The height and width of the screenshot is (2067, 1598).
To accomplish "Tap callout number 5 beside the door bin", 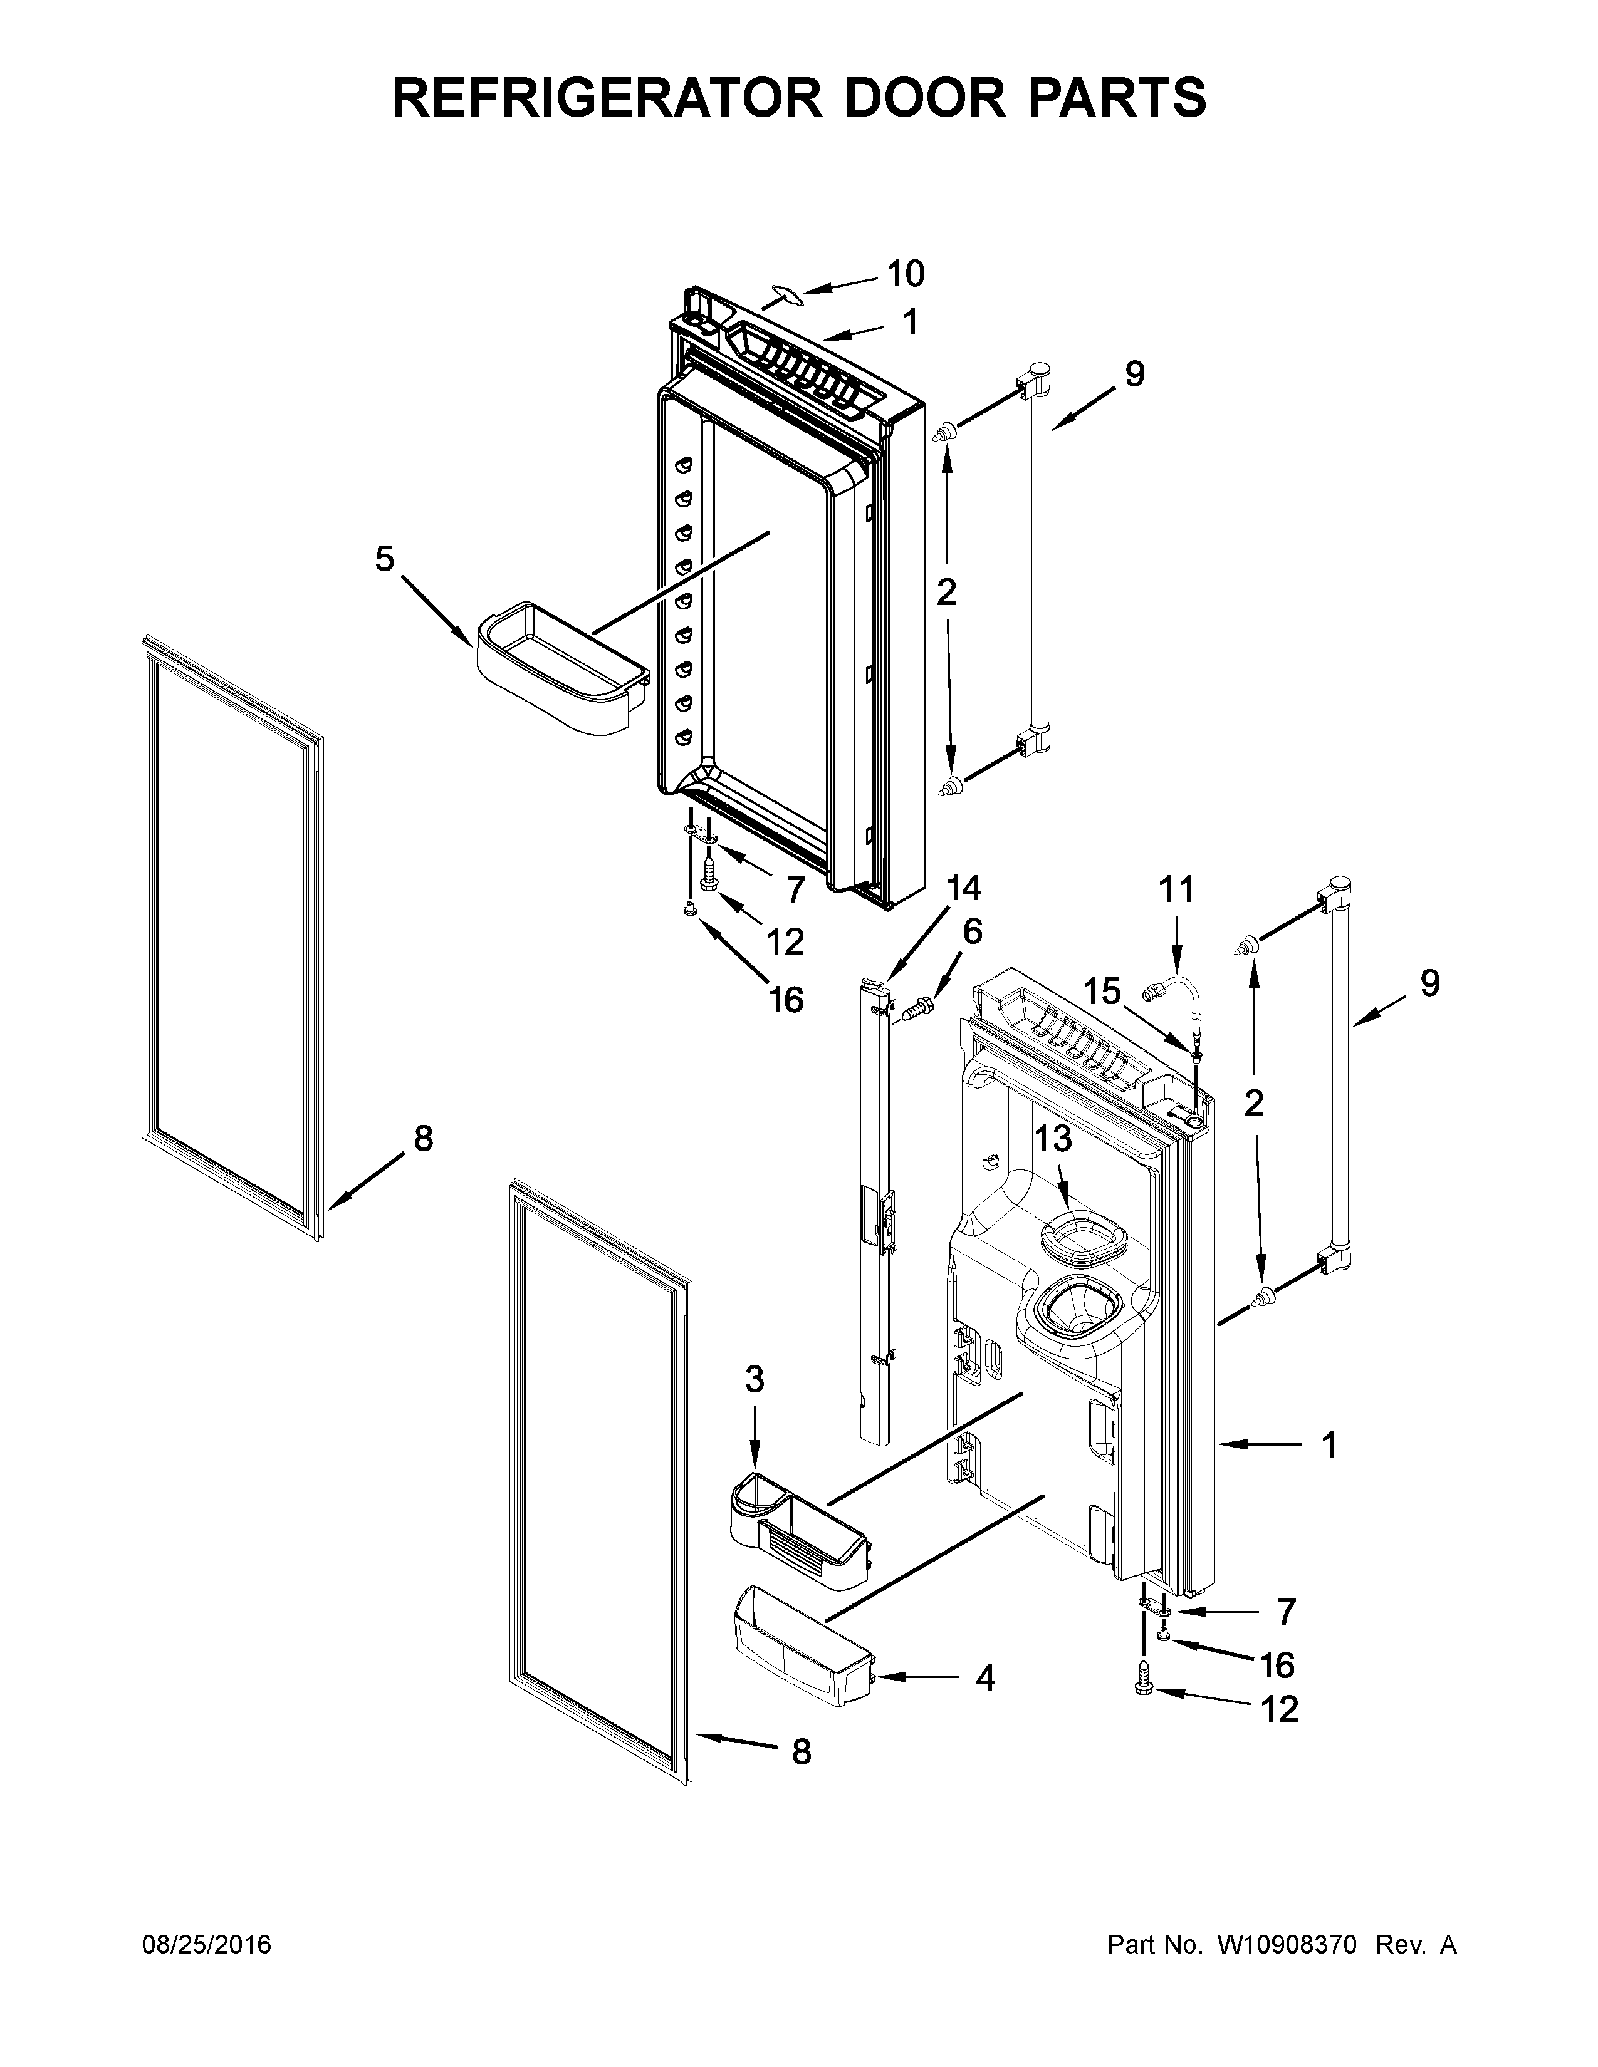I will [384, 559].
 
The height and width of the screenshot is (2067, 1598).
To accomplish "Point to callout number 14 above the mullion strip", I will [964, 888].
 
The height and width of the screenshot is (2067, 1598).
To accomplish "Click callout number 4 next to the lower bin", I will [984, 1678].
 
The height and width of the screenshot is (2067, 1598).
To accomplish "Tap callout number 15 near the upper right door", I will [1102, 992].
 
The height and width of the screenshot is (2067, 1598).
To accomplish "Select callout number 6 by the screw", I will [972, 931].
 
